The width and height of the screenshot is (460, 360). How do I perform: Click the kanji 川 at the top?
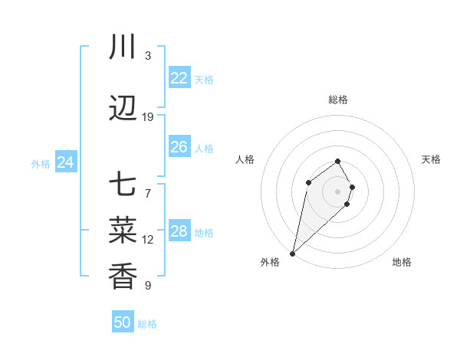(123, 47)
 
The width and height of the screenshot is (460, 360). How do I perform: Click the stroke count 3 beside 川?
(148, 55)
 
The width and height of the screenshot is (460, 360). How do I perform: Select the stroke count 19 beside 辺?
(148, 117)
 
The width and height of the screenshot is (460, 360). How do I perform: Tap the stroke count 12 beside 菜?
(148, 240)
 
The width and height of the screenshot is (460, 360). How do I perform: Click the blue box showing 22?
(179, 78)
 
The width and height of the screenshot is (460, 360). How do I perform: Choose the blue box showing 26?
(179, 147)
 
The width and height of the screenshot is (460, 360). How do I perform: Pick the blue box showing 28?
(179, 231)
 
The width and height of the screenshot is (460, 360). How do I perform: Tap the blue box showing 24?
(66, 162)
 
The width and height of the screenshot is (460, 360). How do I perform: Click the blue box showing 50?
(123, 322)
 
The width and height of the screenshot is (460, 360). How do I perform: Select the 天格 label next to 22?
(204, 80)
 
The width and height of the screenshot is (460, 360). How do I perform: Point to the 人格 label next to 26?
(204, 149)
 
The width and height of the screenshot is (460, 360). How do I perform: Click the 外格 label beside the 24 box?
(41, 164)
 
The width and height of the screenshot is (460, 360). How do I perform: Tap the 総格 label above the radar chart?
(338, 100)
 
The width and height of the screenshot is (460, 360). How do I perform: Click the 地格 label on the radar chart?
(402, 262)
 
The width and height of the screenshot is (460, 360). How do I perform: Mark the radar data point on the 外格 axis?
(292, 253)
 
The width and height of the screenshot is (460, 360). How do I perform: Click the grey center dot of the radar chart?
(337, 191)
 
